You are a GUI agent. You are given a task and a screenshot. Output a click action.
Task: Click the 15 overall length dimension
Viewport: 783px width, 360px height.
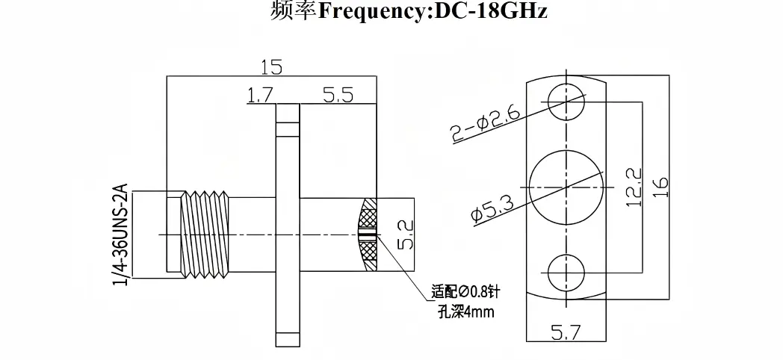(x=271, y=67)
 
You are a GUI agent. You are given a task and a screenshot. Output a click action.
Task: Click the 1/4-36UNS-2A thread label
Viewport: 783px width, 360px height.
(x=120, y=233)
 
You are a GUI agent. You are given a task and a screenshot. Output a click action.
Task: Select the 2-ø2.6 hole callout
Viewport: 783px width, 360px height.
(x=484, y=121)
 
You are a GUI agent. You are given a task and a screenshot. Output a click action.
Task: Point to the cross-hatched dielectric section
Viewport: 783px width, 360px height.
(x=369, y=234)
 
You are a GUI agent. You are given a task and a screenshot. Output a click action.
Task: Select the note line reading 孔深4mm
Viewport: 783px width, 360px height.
(x=465, y=311)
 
